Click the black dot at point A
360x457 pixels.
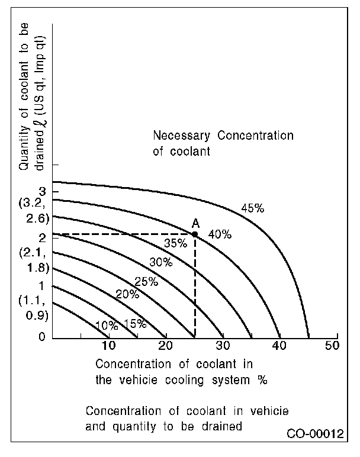[195, 234]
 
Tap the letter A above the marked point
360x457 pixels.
[195, 223]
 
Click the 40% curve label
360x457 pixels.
[219, 234]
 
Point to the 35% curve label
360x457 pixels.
[175, 242]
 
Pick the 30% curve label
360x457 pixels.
[160, 262]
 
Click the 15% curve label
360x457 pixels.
[135, 324]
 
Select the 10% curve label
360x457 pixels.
[107, 325]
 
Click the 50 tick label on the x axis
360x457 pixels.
[333, 346]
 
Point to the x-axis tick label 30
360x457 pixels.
[222, 346]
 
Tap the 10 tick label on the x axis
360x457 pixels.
[108, 346]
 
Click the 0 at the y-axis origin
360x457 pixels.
[41, 337]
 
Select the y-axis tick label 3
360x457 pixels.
[41, 192]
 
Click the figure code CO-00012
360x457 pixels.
[315, 434]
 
